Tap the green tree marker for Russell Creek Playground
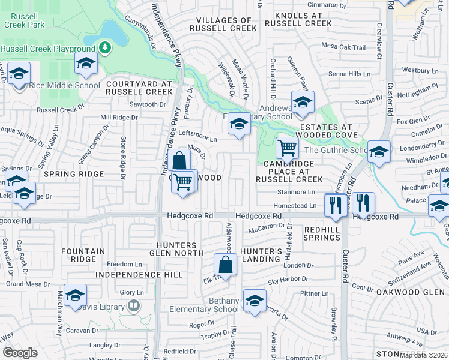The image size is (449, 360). pyautogui.click(x=106, y=47)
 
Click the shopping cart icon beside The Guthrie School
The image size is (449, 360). pyautogui.click(x=288, y=147)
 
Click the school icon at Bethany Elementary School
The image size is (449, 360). pyautogui.click(x=255, y=299)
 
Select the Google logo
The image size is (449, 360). pyautogui.click(x=20, y=353)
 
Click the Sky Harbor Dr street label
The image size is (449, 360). pyautogui.click(x=288, y=279)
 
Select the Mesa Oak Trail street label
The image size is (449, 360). pyautogui.click(x=343, y=47)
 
